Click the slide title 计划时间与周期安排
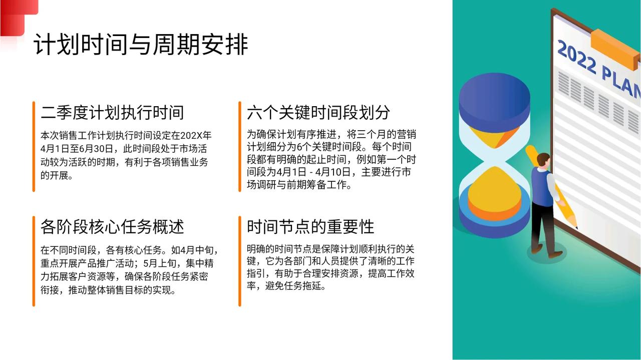[141, 45]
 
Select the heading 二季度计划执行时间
[112, 113]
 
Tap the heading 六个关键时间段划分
[318, 113]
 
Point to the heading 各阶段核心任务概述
[112, 227]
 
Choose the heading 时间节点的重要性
[310, 227]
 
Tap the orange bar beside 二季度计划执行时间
[34, 147]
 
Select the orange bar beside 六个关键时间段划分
[240, 147]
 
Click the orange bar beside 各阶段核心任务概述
[34, 261]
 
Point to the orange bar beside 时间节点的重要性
[240, 261]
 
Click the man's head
[543, 161]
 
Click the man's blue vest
[542, 187]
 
